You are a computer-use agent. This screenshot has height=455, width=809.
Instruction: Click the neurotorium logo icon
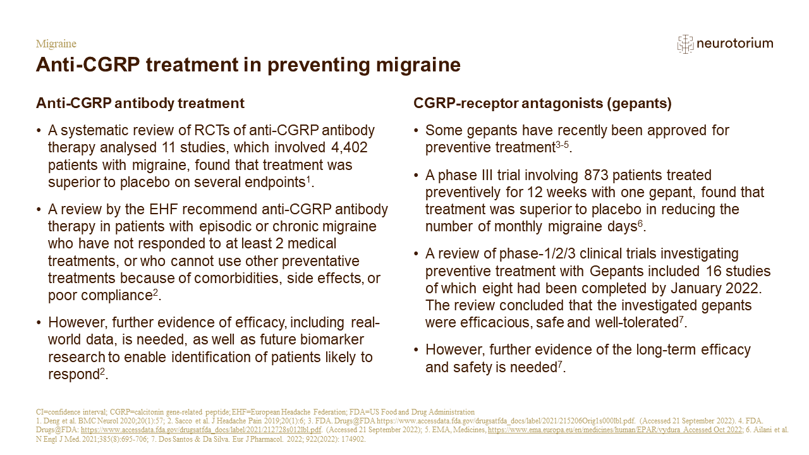(685, 44)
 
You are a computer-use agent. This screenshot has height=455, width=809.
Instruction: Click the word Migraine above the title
(56, 44)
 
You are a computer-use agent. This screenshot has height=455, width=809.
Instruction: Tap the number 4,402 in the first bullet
(350, 147)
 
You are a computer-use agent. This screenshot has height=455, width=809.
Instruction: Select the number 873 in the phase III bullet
(596, 175)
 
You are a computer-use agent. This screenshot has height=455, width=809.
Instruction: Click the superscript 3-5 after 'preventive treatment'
(562, 145)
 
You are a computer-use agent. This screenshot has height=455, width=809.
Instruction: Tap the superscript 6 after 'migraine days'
(640, 224)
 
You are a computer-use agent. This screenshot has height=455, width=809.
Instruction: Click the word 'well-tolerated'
(636, 322)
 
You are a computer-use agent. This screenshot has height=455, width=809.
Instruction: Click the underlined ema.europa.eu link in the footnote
(615, 430)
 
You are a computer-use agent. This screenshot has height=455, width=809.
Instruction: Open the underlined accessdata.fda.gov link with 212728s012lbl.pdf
(201, 430)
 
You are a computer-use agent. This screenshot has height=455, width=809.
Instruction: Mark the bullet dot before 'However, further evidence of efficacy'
(39, 323)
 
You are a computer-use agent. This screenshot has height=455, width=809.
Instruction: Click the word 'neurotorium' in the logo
(735, 44)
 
